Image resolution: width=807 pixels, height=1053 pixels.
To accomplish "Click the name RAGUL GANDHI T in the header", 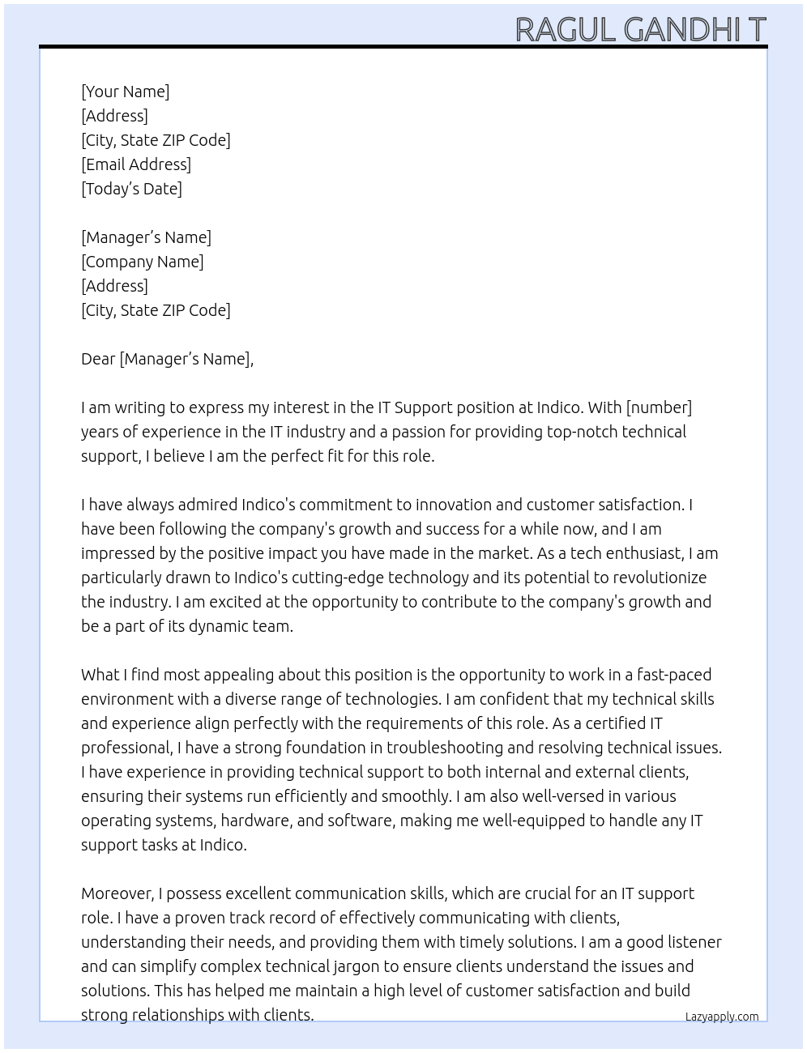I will click(x=640, y=29).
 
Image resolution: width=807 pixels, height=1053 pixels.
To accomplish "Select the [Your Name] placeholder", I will click(x=126, y=92).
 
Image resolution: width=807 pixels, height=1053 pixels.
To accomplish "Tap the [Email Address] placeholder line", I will click(x=136, y=164).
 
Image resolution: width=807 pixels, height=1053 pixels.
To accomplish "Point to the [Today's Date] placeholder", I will click(x=131, y=189).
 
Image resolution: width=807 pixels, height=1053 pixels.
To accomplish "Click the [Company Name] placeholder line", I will click(x=143, y=262).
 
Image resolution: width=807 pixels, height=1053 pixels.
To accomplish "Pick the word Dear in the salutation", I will click(x=98, y=359).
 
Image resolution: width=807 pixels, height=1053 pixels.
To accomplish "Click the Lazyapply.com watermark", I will click(x=722, y=1017).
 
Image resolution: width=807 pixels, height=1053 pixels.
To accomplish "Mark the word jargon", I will click(x=356, y=966).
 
